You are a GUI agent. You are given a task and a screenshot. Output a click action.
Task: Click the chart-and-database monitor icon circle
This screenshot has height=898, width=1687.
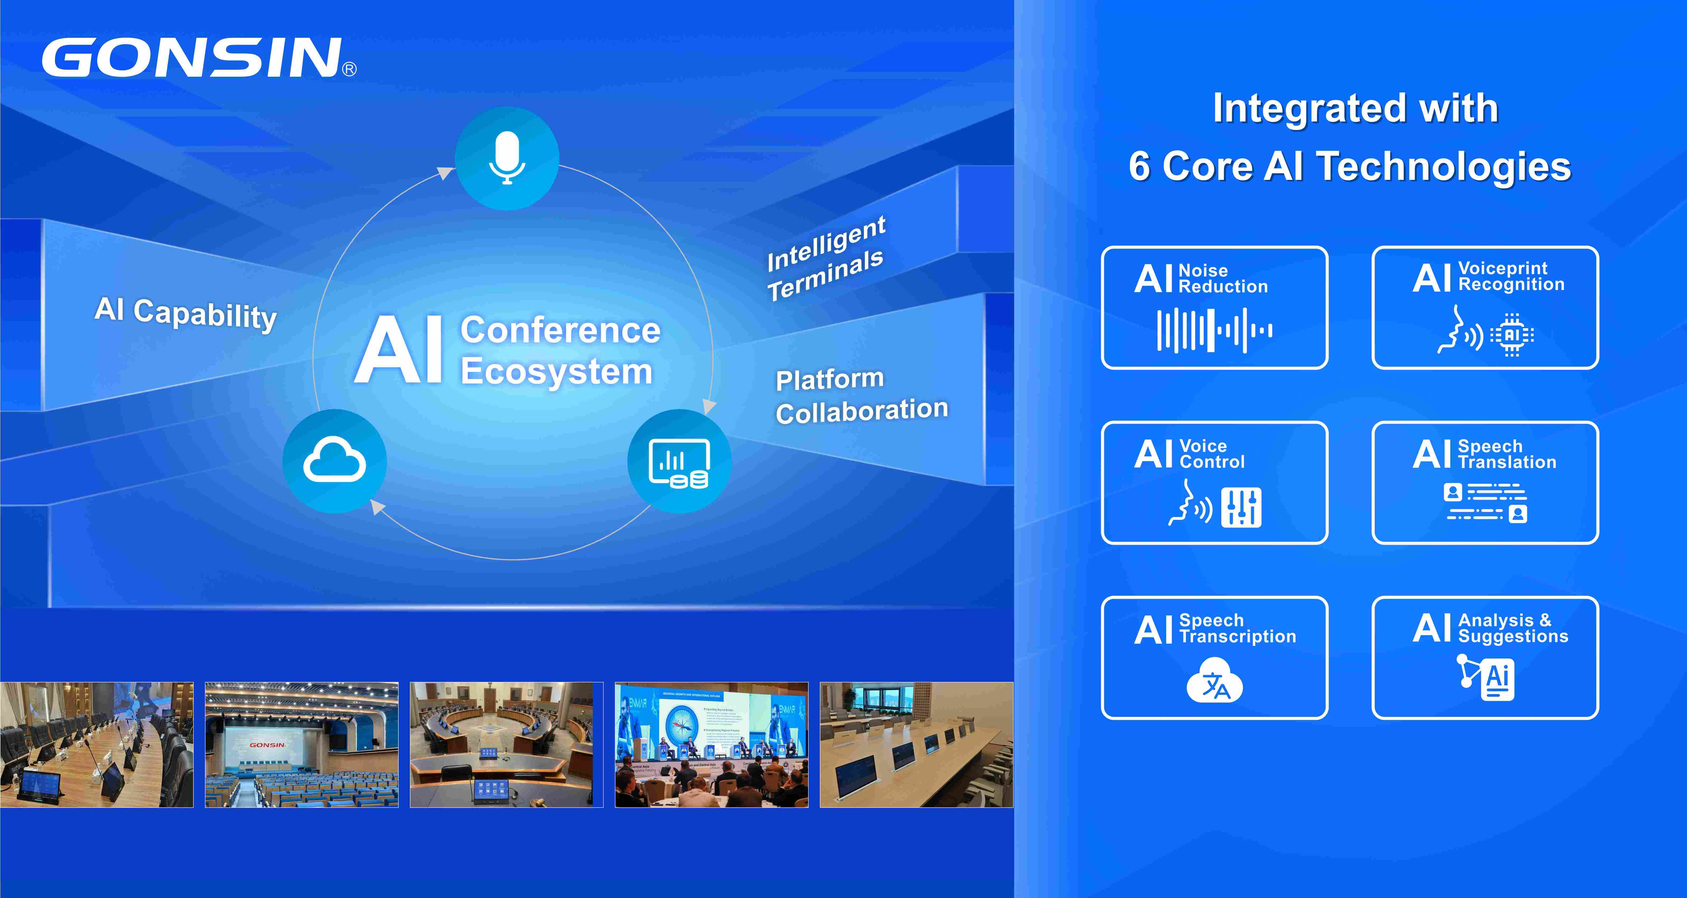point(679,461)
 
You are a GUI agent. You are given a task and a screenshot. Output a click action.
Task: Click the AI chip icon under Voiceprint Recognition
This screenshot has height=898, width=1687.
point(1512,335)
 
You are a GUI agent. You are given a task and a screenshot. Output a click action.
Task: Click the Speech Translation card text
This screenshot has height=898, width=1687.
point(1506,454)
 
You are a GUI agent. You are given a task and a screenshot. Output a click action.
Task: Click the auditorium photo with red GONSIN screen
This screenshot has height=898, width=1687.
point(301,745)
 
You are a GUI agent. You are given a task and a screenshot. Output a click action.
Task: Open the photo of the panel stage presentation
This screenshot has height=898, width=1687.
point(711,745)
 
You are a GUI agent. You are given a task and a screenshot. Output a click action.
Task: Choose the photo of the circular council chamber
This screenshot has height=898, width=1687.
point(506,745)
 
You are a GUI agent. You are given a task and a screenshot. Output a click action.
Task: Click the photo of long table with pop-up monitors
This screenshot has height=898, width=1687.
point(916,745)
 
